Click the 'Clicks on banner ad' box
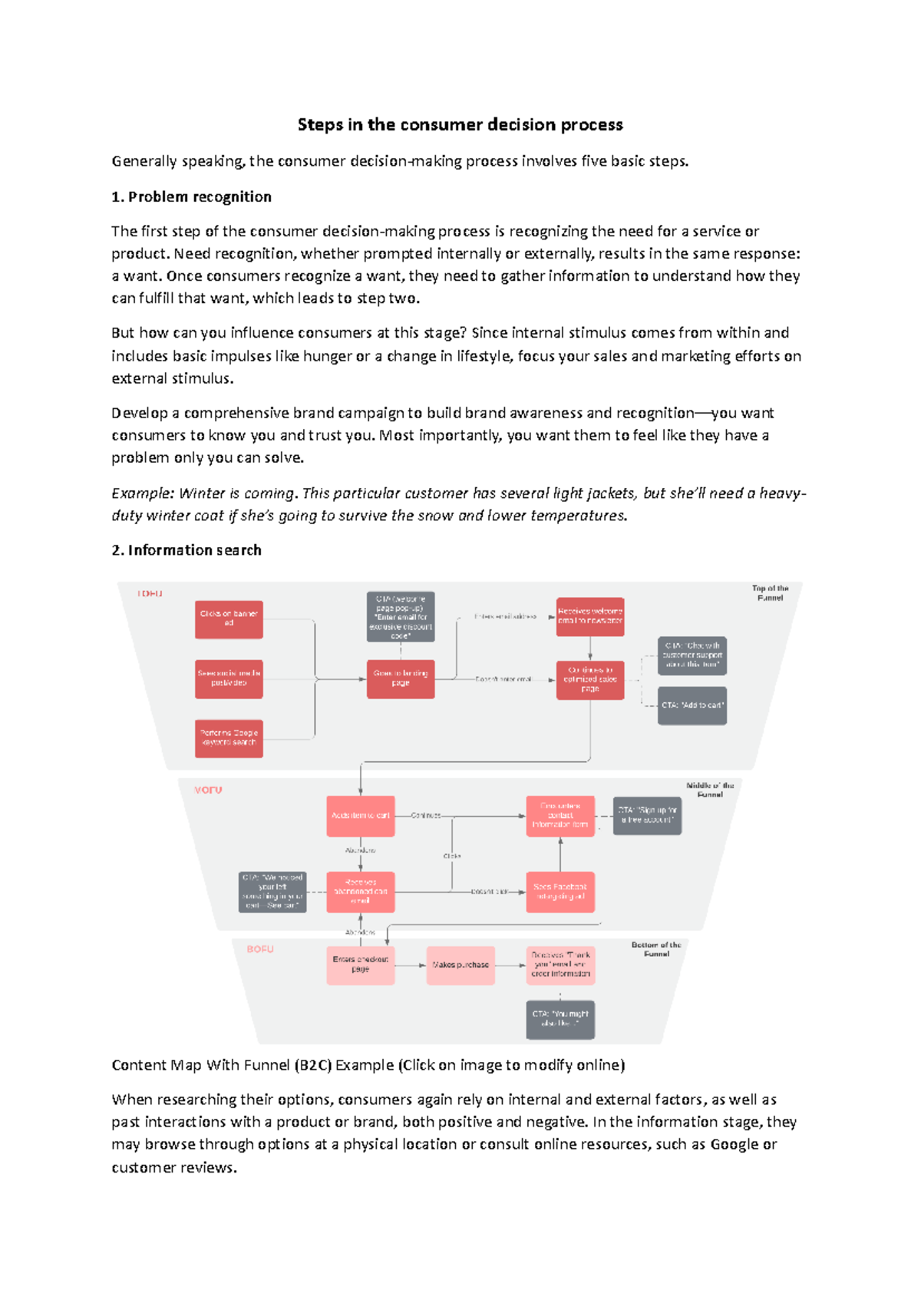point(229,619)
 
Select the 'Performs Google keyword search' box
point(229,738)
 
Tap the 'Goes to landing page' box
point(401,678)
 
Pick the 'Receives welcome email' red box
point(589,616)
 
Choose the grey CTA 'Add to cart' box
point(692,705)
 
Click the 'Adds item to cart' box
point(360,816)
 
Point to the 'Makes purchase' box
point(460,965)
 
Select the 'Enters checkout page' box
point(360,965)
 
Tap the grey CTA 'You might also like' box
point(560,1019)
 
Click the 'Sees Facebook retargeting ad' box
point(560,892)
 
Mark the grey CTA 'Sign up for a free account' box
point(647,815)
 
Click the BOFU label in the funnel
point(260,949)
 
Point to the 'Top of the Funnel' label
point(770,593)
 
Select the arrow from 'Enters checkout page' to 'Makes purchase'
point(411,965)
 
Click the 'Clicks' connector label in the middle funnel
point(452,856)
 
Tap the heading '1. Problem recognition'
point(192,196)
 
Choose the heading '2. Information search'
point(187,550)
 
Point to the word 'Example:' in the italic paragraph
point(143,493)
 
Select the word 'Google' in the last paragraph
point(734,1144)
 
